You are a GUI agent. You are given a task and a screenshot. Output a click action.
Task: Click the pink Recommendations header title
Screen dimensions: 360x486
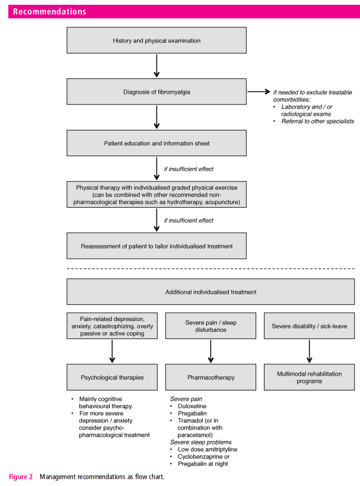point(49,11)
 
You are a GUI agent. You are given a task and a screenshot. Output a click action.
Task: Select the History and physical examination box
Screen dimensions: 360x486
point(157,40)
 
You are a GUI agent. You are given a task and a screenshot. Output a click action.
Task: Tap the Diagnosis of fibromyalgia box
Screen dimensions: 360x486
point(157,92)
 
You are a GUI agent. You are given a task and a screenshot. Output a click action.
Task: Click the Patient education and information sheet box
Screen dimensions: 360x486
point(157,143)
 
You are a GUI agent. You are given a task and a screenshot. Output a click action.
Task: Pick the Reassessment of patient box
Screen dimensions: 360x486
point(157,246)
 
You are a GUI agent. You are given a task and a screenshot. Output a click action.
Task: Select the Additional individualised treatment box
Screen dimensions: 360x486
point(211,292)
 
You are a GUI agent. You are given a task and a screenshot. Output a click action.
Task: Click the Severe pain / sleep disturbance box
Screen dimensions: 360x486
point(211,326)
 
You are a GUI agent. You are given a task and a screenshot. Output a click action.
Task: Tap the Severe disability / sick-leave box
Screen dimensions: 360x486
point(309,326)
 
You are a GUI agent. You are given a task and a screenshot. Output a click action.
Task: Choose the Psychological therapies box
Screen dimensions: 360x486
point(112,377)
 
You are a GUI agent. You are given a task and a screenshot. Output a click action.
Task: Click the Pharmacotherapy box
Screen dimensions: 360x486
point(211,377)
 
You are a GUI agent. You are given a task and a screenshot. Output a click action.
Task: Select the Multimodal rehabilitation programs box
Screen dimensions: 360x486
point(309,377)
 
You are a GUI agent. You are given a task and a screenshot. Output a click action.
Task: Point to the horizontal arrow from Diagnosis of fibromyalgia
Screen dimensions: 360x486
point(259,91)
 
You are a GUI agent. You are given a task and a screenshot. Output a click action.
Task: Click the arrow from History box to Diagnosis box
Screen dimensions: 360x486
point(157,66)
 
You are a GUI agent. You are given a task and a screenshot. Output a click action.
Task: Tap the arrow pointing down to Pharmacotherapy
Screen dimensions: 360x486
point(211,351)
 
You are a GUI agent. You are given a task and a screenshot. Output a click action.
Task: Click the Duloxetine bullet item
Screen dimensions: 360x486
point(192,406)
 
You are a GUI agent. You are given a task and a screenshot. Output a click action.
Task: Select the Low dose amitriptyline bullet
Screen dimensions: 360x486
point(208,449)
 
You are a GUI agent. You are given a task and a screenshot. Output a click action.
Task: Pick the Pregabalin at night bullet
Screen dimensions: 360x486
point(203,463)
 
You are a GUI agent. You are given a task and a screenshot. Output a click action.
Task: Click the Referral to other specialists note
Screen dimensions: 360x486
point(317,121)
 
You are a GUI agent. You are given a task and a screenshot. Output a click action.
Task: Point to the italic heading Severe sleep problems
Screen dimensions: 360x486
point(200,442)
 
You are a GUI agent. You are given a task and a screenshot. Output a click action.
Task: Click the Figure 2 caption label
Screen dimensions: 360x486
point(21,477)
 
